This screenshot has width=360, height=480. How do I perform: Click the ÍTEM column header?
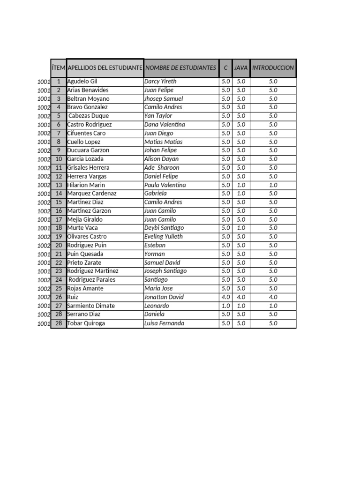coord(59,68)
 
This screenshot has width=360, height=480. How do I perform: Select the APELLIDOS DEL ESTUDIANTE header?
coord(105,68)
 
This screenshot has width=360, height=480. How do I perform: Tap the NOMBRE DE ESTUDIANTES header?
coord(181,68)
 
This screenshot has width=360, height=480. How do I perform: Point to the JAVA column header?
coord(241,68)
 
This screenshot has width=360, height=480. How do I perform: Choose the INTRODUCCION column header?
coord(273,68)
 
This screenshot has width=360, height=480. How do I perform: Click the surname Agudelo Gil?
coord(82,82)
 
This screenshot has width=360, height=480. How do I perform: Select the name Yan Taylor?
coord(158,116)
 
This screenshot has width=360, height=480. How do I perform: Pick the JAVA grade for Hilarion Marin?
coord(241,185)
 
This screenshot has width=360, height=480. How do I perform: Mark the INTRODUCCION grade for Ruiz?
coord(273,297)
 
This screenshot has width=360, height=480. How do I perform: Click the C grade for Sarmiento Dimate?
coord(225,306)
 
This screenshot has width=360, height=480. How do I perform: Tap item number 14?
coord(59,194)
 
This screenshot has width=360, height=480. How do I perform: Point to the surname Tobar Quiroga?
coord(86,323)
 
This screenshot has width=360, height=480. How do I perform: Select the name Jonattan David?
coord(164,297)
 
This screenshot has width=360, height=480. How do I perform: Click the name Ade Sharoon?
coord(162,168)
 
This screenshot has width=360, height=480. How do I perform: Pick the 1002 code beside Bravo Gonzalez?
coord(44,107)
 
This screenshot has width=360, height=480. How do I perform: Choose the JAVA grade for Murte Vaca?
coord(241,228)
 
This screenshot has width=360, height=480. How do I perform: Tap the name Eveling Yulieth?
coord(164,237)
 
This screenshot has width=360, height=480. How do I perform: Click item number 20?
coord(59,245)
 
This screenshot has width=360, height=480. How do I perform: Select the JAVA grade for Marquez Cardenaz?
coord(241,194)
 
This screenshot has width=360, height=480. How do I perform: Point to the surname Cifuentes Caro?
coord(87,133)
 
